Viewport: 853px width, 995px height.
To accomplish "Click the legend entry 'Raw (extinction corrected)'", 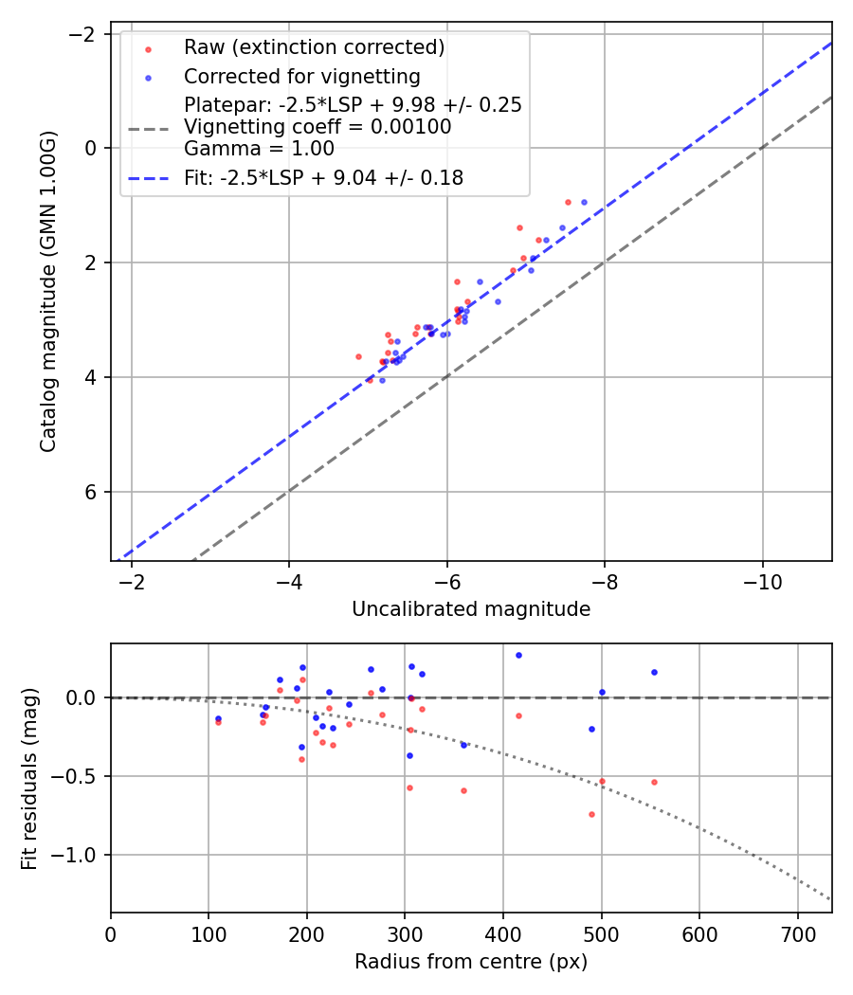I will [x=314, y=47].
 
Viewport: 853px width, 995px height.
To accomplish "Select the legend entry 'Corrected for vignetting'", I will [x=301, y=76].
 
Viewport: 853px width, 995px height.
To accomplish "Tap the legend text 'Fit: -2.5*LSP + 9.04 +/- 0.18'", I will [x=323, y=177].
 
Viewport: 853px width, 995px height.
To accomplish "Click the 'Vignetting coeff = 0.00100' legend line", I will [x=318, y=126].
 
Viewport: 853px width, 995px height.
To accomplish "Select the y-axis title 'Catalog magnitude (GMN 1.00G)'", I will [x=48, y=291].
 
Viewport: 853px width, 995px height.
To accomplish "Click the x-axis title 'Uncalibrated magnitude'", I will [x=471, y=609].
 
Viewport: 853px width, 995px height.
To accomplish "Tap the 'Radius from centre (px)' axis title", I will [x=471, y=962].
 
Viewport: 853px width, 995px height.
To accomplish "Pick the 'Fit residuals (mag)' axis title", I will [x=29, y=778].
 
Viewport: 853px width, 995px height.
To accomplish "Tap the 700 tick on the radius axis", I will [x=797, y=933].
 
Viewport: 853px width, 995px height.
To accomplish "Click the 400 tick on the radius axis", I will [x=503, y=933].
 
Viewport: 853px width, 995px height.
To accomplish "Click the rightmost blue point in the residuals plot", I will [x=654, y=672].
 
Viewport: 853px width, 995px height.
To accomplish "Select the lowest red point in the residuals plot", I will [x=591, y=814].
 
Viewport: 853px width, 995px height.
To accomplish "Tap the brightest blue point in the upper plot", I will [x=584, y=202].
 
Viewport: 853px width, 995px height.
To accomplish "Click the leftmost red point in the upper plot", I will [x=358, y=356].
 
